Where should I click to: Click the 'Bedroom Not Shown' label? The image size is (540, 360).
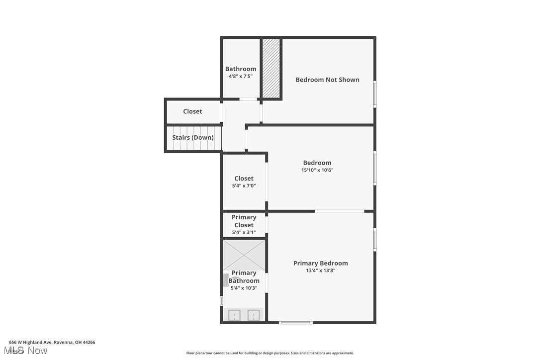click(327, 80)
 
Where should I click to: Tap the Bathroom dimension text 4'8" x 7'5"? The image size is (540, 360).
click(241, 77)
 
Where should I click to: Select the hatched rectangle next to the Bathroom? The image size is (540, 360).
click(271, 68)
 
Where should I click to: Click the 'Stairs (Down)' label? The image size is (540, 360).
click(193, 138)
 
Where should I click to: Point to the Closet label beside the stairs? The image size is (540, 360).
click(192, 111)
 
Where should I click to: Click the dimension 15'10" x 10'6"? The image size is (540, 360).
click(317, 170)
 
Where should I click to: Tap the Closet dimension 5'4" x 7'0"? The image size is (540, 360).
click(244, 186)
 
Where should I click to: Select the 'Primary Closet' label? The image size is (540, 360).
click(244, 221)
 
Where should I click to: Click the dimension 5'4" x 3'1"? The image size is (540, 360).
click(244, 232)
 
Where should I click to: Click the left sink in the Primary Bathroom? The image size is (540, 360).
click(234, 315)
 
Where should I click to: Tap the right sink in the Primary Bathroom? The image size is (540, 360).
click(254, 315)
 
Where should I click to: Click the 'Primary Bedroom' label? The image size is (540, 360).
click(320, 264)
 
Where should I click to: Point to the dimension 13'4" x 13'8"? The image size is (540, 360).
click(320, 271)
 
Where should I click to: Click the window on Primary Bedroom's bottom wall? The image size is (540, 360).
click(296, 323)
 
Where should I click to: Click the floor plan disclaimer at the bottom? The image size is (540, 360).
click(270, 353)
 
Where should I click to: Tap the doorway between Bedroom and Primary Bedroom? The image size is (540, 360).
click(340, 211)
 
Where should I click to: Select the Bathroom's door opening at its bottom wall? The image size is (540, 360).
click(248, 99)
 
